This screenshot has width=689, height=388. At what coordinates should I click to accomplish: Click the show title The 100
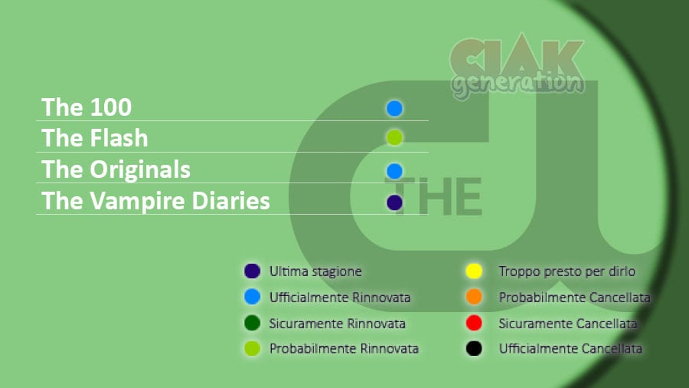point(87,107)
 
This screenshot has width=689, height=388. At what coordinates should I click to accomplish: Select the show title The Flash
point(94,138)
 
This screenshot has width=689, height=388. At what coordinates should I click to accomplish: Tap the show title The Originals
point(116,169)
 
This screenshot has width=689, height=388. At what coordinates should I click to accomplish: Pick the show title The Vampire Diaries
point(155,201)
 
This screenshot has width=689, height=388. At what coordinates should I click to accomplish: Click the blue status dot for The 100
point(394,108)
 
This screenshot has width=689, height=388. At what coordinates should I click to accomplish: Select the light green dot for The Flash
point(394,138)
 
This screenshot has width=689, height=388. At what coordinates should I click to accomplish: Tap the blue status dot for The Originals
point(394,171)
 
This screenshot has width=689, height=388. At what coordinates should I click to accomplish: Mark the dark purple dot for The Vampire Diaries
point(394,202)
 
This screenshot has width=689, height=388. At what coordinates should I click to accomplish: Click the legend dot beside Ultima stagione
point(252,271)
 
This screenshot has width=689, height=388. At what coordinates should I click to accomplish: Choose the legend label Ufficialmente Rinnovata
point(340,298)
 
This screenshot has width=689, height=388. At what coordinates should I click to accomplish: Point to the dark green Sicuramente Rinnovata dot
point(252,323)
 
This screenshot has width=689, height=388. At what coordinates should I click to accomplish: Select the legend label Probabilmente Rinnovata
point(344,349)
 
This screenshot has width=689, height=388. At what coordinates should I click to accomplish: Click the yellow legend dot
point(474,271)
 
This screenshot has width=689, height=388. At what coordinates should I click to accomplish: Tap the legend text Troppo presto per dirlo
point(567,271)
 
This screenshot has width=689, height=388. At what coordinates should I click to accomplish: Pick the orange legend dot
point(474,297)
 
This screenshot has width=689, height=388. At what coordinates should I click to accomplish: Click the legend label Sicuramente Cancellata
point(568,324)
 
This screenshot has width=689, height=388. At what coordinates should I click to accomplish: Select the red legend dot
point(474,323)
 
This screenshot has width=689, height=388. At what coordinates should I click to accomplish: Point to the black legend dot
point(474,348)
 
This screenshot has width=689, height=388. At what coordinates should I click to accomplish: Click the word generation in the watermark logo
point(518,84)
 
